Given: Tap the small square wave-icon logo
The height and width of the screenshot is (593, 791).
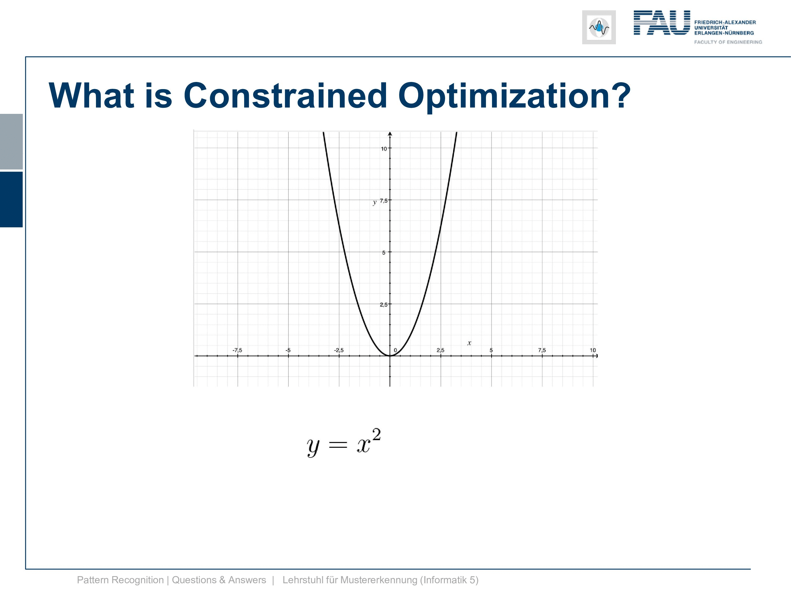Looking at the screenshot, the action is click(x=599, y=27).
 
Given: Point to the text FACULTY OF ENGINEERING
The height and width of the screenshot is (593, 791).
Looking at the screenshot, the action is click(x=728, y=42).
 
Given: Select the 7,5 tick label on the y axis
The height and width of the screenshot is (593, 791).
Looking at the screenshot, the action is click(x=383, y=201).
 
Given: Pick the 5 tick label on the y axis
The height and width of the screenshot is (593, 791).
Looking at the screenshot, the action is click(x=384, y=253).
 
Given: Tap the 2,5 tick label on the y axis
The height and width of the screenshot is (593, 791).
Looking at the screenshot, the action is click(x=383, y=305).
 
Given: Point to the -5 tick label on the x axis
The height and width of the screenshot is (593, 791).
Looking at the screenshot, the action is click(x=288, y=350).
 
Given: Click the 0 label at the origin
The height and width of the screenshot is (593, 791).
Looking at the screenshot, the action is click(x=395, y=350).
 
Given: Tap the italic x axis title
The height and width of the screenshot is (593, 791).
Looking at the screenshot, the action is click(x=469, y=343).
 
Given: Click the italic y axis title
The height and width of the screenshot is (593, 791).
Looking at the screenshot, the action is click(x=374, y=202).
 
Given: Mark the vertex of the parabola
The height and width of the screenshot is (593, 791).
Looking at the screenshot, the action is click(x=390, y=356).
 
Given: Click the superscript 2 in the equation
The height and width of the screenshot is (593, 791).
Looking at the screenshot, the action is click(x=376, y=435).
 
